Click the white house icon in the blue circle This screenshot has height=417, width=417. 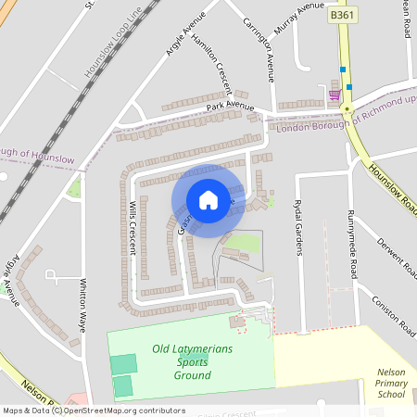click(208, 200)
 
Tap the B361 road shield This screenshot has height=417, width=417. click(341, 16)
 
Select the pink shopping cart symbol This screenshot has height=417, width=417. click(334, 94)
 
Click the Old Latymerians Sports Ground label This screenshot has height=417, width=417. click(192, 362)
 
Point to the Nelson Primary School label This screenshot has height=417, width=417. click(391, 385)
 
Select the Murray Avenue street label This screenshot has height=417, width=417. click(299, 18)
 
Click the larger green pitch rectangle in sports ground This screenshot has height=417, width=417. click(122, 363)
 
